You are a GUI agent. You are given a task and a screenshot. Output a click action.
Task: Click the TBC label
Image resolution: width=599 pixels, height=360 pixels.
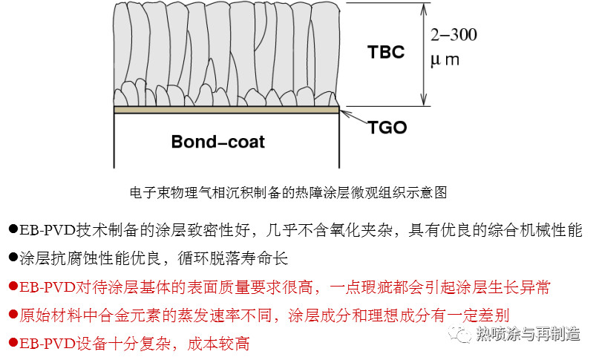[386, 52]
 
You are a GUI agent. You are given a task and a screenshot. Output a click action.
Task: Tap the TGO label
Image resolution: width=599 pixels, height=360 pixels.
[387, 128]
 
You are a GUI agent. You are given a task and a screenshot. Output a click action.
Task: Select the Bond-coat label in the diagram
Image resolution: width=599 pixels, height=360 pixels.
[217, 142]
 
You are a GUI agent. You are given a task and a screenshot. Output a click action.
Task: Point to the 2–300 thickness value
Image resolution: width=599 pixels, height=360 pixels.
[454, 35]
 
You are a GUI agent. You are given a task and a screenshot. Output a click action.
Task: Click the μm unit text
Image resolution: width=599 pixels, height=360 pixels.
[445, 60]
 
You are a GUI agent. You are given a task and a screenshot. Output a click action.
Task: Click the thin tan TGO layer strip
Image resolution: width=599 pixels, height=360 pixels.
[226, 110]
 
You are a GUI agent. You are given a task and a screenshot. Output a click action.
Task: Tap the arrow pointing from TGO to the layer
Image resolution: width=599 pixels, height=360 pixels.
[354, 117]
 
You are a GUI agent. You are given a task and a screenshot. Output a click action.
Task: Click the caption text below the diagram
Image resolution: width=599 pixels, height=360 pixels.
[289, 192]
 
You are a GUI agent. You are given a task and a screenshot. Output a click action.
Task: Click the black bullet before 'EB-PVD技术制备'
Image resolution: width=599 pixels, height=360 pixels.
[13, 229]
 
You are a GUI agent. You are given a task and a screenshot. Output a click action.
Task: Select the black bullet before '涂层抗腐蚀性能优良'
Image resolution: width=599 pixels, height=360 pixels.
[13, 258]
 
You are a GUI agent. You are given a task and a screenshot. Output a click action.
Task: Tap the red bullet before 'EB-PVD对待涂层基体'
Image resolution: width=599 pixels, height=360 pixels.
[13, 286]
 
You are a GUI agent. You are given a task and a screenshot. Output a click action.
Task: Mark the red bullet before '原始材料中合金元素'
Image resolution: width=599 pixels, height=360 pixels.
[13, 314]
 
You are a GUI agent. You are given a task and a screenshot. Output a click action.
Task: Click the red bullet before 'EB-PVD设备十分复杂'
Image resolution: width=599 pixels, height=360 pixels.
[13, 342]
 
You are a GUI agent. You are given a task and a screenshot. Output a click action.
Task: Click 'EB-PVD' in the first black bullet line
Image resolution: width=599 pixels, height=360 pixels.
[48, 230]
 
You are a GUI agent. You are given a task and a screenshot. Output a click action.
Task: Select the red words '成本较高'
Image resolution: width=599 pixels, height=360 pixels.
[218, 344]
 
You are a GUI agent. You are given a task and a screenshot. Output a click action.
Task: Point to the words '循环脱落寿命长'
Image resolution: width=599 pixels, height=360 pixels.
[232, 258]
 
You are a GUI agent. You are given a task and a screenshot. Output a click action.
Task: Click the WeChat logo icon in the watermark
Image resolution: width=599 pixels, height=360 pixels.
[459, 334]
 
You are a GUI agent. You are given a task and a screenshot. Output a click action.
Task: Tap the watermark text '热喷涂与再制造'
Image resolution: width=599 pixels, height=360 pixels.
[528, 334]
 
